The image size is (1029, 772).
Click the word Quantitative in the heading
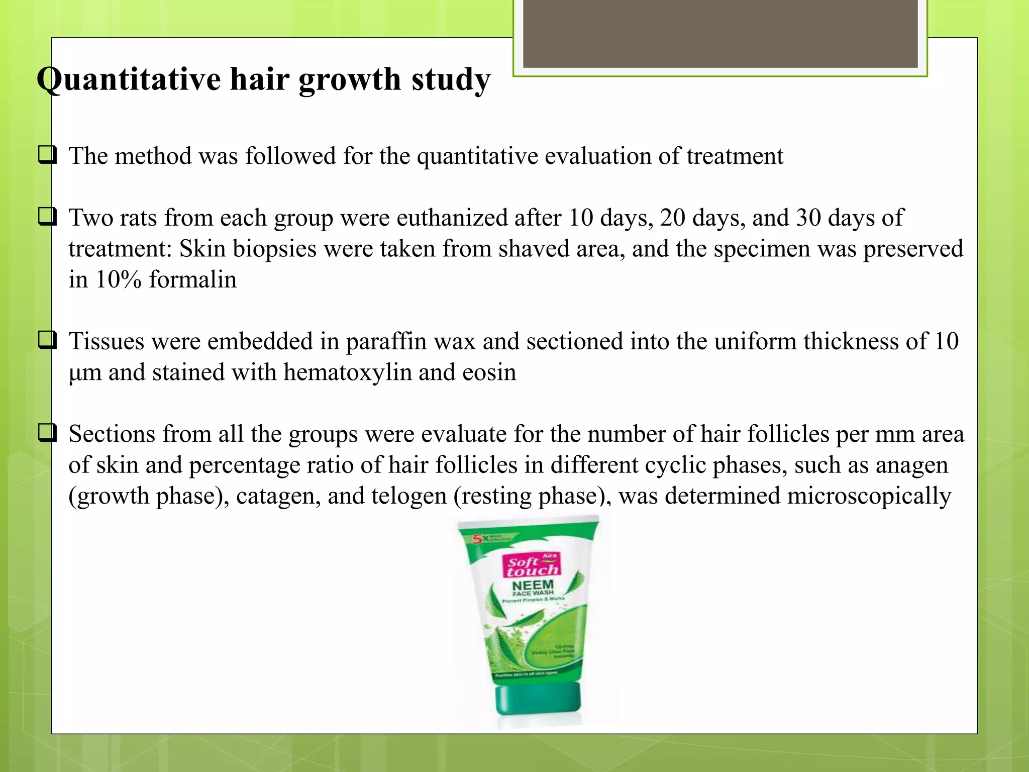click(129, 79)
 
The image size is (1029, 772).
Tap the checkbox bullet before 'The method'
click(47, 155)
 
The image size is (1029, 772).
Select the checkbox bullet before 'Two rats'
click(47, 217)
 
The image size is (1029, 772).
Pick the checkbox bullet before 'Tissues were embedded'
click(47, 340)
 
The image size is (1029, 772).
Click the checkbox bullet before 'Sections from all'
click(47, 433)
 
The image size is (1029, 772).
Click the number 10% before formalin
click(118, 279)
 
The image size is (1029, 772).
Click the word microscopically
click(869, 496)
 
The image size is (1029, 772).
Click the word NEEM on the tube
click(533, 586)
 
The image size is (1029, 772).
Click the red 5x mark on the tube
click(477, 539)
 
